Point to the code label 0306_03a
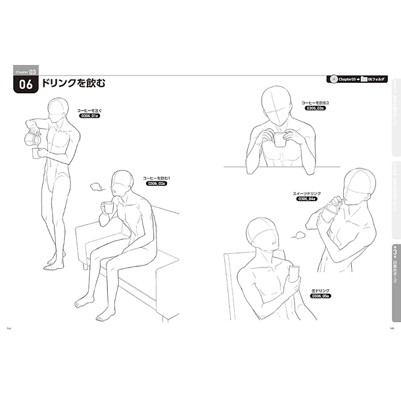pos(314,109)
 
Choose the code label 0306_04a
pos(306,199)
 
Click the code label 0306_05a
pos(317,296)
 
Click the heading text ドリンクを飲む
pos(73,83)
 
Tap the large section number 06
pos(26,84)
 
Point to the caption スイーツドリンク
pos(306,193)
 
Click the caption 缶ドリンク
pos(317,290)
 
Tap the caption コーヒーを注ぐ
pos(89,110)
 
